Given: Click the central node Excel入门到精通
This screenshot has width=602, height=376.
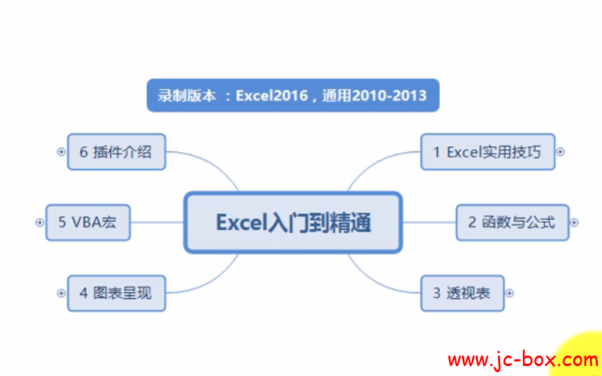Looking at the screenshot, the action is click(x=293, y=222).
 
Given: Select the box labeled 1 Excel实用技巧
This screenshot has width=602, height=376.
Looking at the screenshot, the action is click(x=488, y=151).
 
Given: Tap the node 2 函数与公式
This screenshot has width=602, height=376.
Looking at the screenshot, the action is click(x=512, y=222).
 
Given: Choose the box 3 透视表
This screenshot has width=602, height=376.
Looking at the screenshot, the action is click(x=462, y=293).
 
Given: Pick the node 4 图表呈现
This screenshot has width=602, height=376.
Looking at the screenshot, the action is click(x=116, y=293).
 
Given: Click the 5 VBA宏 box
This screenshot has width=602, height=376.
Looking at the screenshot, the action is click(x=88, y=222).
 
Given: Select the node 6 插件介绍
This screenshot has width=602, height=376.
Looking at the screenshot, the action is click(x=116, y=151).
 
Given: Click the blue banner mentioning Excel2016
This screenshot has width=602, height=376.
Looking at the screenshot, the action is click(x=293, y=95).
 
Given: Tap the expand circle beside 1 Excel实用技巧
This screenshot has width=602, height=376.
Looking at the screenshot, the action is click(x=561, y=151).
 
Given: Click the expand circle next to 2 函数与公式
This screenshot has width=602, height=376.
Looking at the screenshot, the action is click(x=575, y=222).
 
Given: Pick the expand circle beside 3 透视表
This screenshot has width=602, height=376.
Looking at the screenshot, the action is click(x=509, y=293).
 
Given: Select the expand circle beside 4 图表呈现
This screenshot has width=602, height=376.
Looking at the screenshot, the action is click(x=61, y=293).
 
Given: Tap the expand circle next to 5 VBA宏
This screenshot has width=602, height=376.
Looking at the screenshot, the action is click(x=40, y=222).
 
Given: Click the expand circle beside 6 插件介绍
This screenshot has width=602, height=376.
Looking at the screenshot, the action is click(x=61, y=151).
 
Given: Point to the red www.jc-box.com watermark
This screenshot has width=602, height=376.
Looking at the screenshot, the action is click(x=523, y=360).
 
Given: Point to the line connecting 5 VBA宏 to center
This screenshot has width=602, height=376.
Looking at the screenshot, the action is click(x=158, y=222).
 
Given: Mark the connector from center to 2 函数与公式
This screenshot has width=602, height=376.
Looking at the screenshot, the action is click(x=429, y=222).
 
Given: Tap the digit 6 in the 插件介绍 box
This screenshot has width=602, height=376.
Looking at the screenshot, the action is click(x=84, y=152).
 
